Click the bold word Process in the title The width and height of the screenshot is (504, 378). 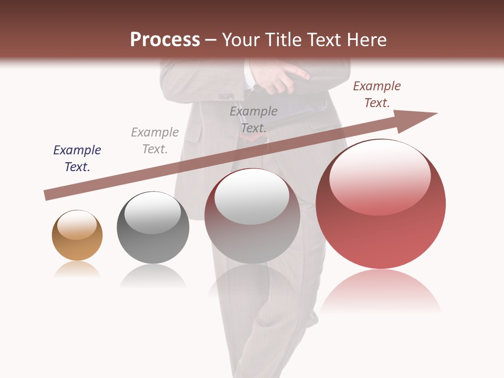tap(165, 40)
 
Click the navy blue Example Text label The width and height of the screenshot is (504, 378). tap(77, 159)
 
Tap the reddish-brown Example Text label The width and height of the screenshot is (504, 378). tap(377, 94)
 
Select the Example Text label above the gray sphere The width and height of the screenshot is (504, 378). tap(155, 141)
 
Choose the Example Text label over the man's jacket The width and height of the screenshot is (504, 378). tap(254, 120)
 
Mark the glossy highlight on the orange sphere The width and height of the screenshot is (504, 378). tap(77, 225)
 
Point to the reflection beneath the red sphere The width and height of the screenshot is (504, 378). tap(381, 291)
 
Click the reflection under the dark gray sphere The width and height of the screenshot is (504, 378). tap(153, 276)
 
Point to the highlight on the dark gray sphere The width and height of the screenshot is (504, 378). tap(153, 213)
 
